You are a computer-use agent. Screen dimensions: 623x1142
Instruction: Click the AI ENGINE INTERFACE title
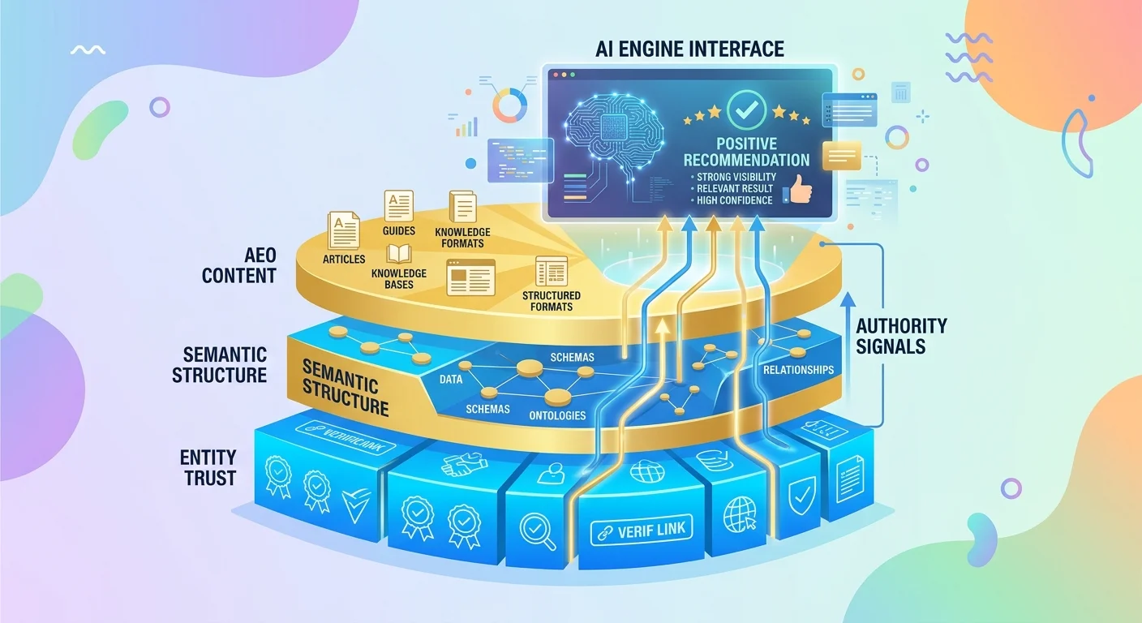[x=689, y=49]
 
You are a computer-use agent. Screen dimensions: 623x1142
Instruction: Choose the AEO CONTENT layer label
[x=239, y=264]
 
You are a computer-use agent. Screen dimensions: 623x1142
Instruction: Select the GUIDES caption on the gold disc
[x=399, y=231]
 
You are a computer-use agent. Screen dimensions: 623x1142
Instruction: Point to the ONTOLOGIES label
[x=556, y=415]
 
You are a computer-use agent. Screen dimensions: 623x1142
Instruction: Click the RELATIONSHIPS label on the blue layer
[x=798, y=370]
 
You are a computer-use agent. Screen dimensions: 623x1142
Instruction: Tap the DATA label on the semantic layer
[x=451, y=379]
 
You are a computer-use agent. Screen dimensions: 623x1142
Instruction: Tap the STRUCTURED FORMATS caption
[x=552, y=300]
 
